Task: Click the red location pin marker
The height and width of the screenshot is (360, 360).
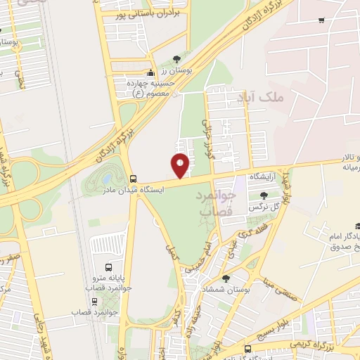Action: tap(181, 165)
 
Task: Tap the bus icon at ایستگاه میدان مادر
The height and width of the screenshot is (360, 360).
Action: tap(134, 179)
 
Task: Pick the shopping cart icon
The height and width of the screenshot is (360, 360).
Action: tap(321, 20)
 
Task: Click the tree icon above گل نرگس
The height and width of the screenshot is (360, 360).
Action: tap(262, 195)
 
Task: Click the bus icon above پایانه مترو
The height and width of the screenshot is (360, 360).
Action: tap(108, 267)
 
